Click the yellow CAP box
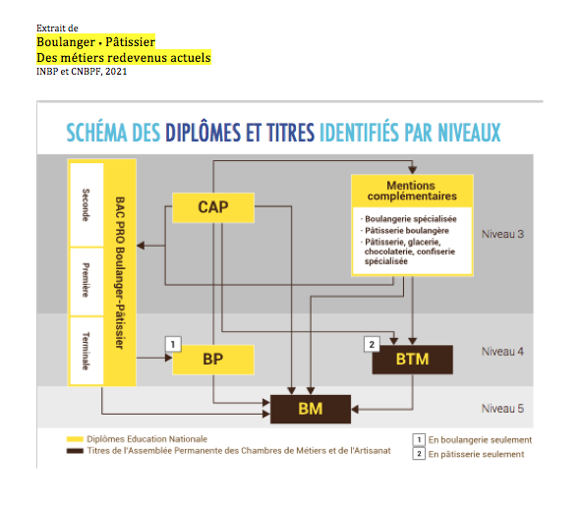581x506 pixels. pyautogui.click(x=213, y=207)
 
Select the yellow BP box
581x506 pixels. pyautogui.click(x=213, y=360)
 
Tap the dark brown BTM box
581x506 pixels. pyautogui.click(x=413, y=360)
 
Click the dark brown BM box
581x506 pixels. pyautogui.click(x=311, y=409)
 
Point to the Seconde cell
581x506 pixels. pyautogui.click(x=87, y=204)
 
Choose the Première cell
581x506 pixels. pyautogui.click(x=87, y=282)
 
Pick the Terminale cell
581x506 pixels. pyautogui.click(x=87, y=351)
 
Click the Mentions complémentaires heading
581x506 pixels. pyautogui.click(x=412, y=191)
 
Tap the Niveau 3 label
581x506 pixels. pyautogui.click(x=502, y=234)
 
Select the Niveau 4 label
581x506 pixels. pyautogui.click(x=502, y=351)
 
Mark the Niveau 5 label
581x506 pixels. pyautogui.click(x=502, y=408)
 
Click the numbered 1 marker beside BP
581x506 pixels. pyautogui.click(x=173, y=344)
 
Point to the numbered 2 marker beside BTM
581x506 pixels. pyautogui.click(x=372, y=344)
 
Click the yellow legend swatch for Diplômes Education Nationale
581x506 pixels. pyautogui.click(x=75, y=439)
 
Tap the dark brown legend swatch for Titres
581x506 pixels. pyautogui.click(x=75, y=451)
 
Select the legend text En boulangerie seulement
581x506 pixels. pyautogui.click(x=480, y=440)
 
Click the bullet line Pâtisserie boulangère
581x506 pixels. pyautogui.click(x=405, y=231)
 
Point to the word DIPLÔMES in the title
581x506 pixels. pyautogui.click(x=203, y=133)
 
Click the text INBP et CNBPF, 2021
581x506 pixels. pyautogui.click(x=82, y=72)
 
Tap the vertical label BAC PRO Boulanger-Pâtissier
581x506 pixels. pyautogui.click(x=120, y=272)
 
